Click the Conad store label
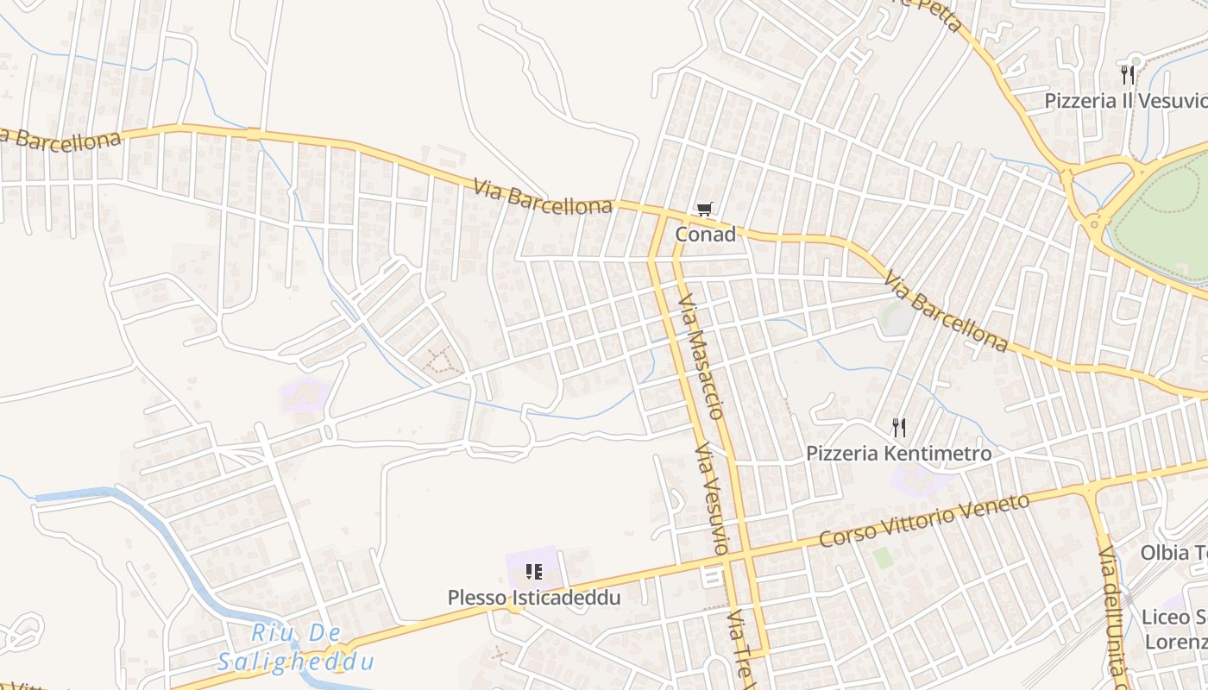(x=705, y=234)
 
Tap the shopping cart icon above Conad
(x=705, y=210)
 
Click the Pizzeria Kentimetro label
(x=898, y=453)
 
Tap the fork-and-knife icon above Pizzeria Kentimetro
(x=898, y=427)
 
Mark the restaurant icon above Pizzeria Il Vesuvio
(x=1126, y=74)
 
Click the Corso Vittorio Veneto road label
(x=924, y=520)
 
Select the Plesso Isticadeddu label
(x=533, y=597)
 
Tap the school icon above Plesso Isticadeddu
(x=533, y=571)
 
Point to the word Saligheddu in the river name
(x=295, y=662)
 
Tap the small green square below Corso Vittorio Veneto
(x=882, y=557)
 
